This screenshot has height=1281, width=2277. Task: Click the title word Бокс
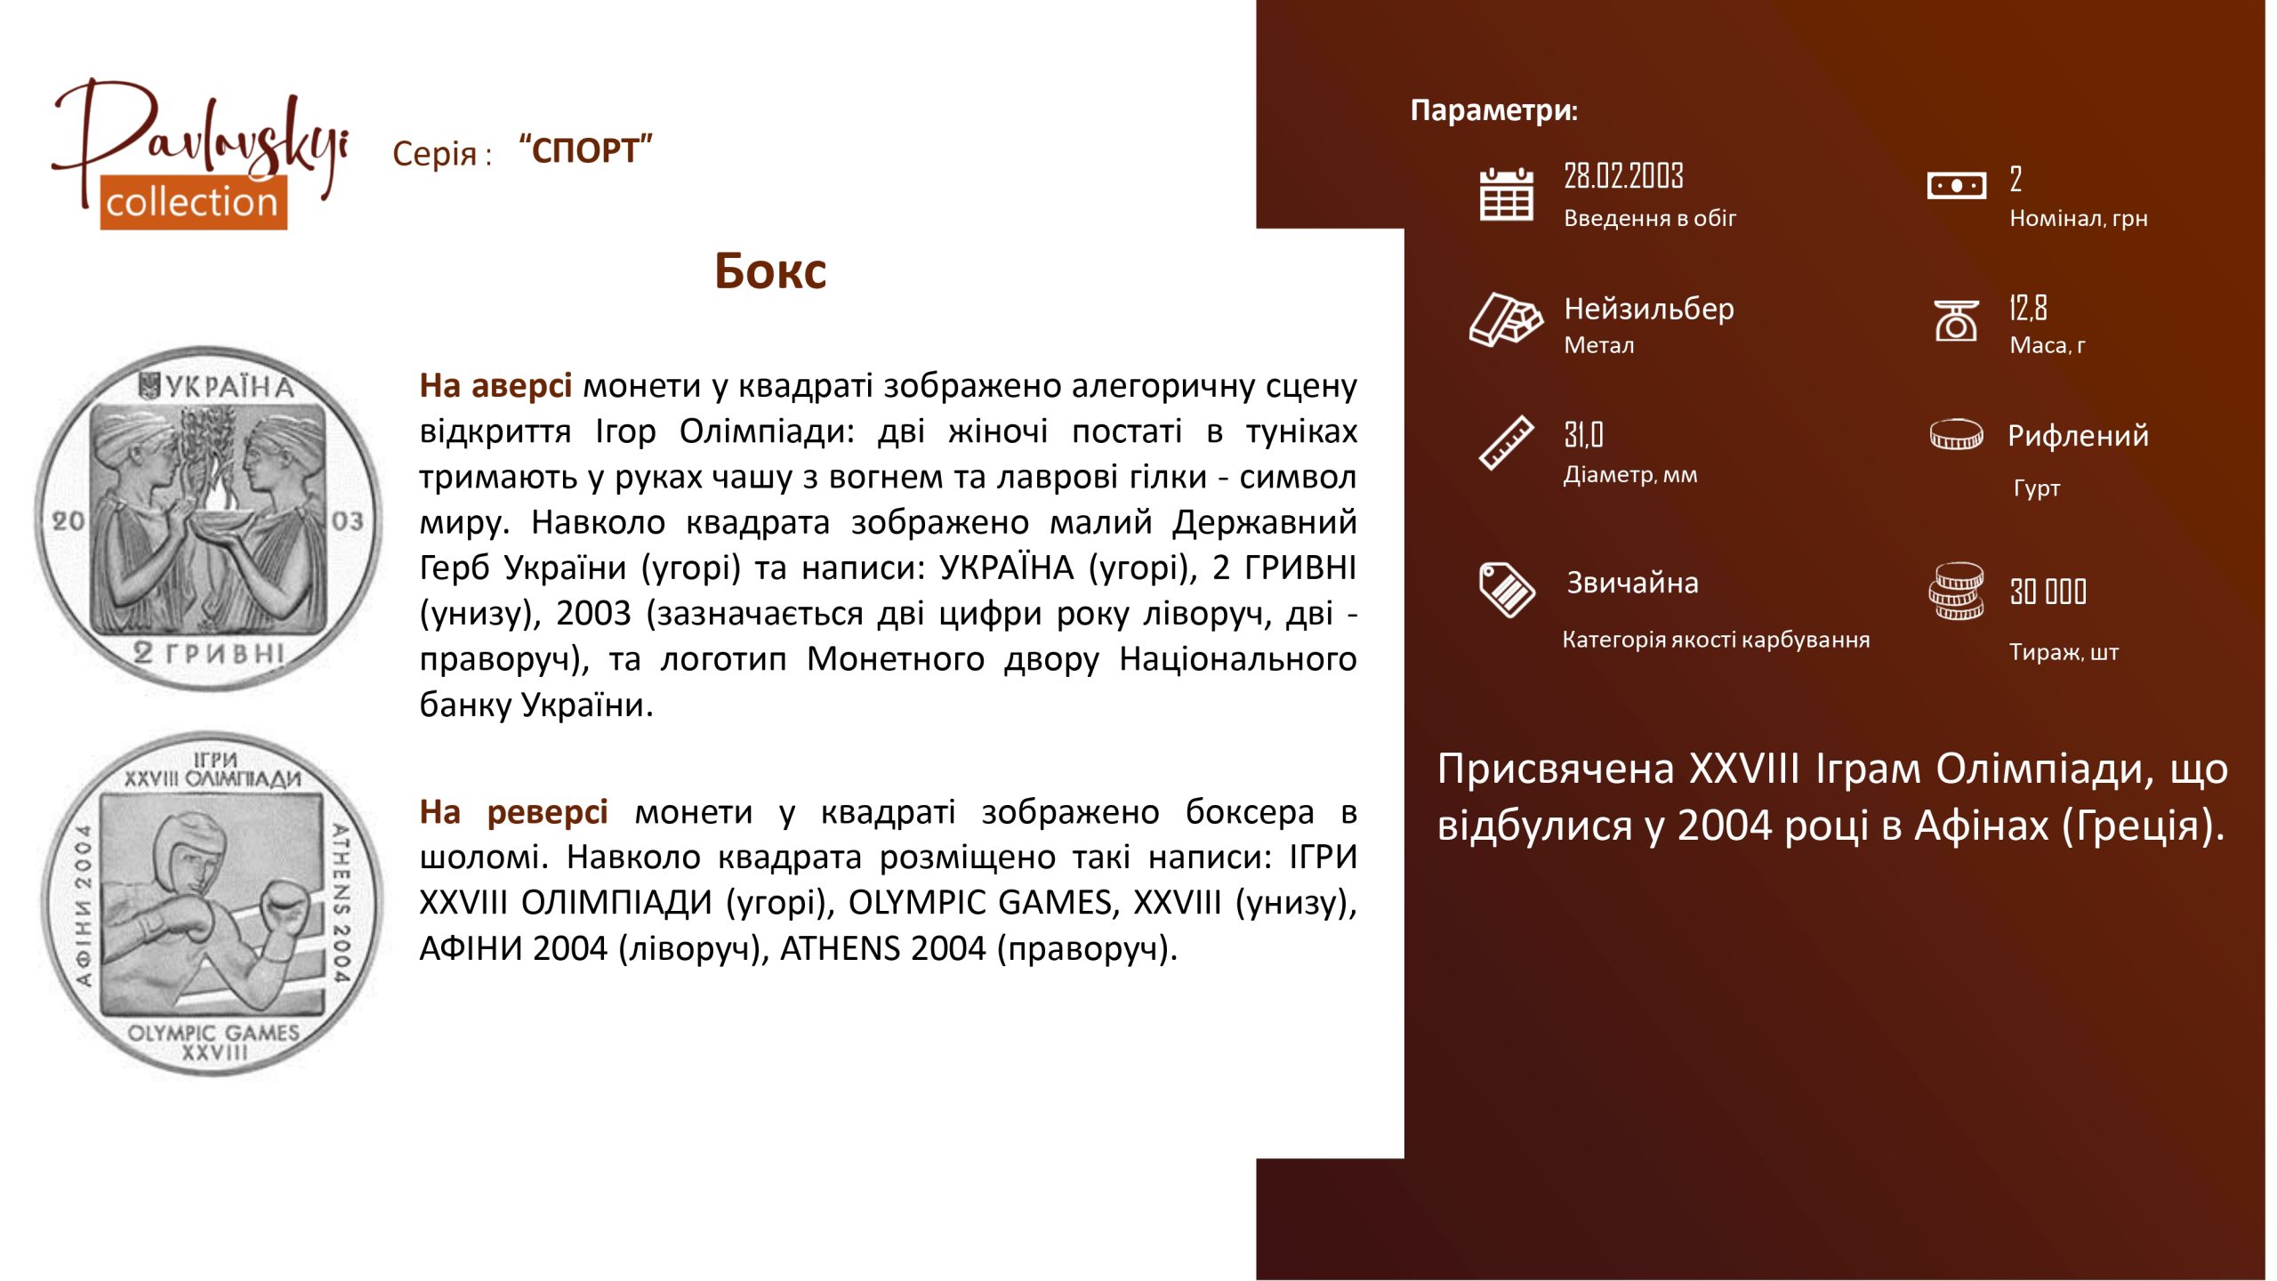coord(770,270)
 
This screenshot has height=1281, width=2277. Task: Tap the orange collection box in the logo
coord(193,202)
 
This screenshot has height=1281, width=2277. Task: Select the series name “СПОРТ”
coord(586,149)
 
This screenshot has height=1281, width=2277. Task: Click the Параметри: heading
coord(1494,110)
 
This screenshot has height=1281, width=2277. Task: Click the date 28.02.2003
coord(1623,176)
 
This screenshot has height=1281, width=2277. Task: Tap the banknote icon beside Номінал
coord(1956,186)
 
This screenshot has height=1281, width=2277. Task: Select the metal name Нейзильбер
coord(1649,309)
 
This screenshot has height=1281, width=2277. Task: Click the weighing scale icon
coord(1956,320)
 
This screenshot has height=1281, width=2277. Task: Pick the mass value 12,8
coord(2028,308)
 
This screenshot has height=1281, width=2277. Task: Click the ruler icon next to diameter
coord(1506,442)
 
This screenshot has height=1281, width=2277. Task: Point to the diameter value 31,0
coord(1583,435)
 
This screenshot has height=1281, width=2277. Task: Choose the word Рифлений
coord(2078,436)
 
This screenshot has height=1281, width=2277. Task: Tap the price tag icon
coord(1507,589)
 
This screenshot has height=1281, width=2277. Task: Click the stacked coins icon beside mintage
coord(1956,591)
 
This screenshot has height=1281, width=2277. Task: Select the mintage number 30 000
coord(2048,592)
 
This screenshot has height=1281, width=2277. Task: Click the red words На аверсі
coord(495,385)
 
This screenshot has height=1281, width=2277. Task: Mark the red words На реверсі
coord(514,811)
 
